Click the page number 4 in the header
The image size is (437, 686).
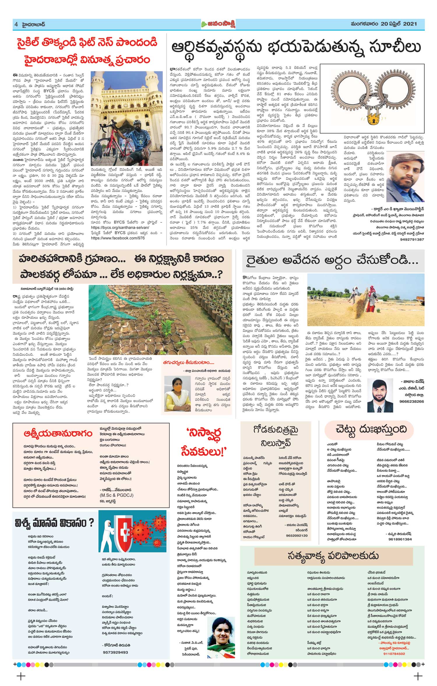[16, 24]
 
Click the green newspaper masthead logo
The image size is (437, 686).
[218, 24]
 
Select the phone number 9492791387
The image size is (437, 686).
[412, 240]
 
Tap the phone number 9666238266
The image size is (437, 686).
[412, 401]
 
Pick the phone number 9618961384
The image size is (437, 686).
[400, 539]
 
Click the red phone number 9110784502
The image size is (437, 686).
[394, 654]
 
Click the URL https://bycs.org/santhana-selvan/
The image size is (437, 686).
[120, 228]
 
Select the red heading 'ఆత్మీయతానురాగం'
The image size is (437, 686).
[58, 434]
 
